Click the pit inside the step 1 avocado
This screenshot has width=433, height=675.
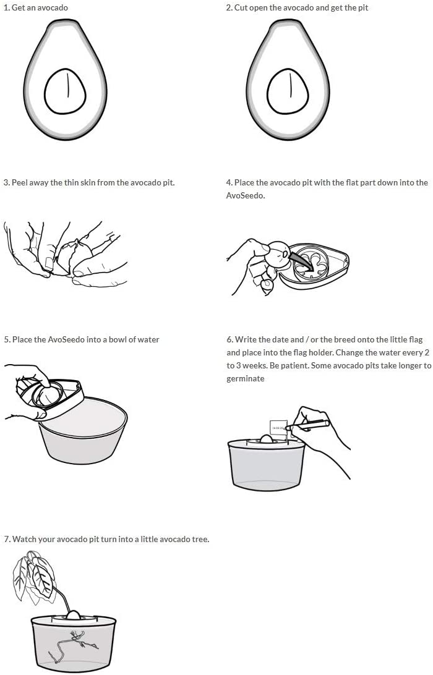click(65, 91)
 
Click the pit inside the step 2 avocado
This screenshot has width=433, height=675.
click(288, 91)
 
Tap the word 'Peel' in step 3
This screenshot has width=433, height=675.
click(19, 182)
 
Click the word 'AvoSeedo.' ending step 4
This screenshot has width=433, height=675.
click(246, 195)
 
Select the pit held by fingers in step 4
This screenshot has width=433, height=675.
click(277, 255)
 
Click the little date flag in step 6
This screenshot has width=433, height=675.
click(278, 428)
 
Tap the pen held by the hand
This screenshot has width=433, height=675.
click(307, 425)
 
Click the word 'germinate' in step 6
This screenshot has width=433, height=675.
click(246, 379)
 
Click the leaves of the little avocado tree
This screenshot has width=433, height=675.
click(35, 577)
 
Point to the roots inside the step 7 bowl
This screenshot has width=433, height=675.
click(73, 643)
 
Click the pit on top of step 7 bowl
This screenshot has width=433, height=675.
click(73, 614)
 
